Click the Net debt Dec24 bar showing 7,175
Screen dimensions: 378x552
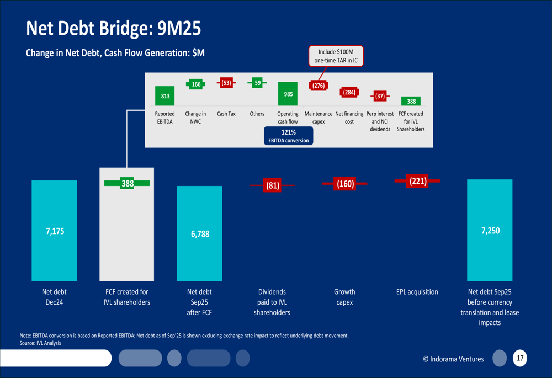[x=54, y=231]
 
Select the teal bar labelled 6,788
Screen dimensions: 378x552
[x=199, y=233]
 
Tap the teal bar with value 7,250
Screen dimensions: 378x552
[x=490, y=230]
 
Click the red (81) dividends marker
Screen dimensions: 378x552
[x=273, y=185]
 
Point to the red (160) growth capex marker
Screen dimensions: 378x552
[x=345, y=183]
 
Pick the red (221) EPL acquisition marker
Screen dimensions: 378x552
[x=417, y=180]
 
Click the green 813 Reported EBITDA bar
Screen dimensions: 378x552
[x=165, y=95]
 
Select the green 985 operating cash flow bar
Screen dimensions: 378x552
[x=288, y=94]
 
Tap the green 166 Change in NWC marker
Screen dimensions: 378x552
[x=196, y=84]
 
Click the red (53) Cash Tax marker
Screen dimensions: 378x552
[x=226, y=83]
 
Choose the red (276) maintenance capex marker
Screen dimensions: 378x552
[x=319, y=86]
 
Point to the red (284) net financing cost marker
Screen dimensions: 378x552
[x=349, y=92]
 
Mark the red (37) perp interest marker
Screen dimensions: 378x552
[x=380, y=96]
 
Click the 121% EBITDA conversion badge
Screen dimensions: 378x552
[x=288, y=136]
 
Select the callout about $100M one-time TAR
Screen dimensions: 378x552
[x=336, y=56]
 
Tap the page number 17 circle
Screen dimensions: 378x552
[x=519, y=358]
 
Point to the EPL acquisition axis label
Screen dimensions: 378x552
[x=417, y=292]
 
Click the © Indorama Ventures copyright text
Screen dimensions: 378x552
[x=453, y=359]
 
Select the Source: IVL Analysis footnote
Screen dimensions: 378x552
[x=40, y=343]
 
